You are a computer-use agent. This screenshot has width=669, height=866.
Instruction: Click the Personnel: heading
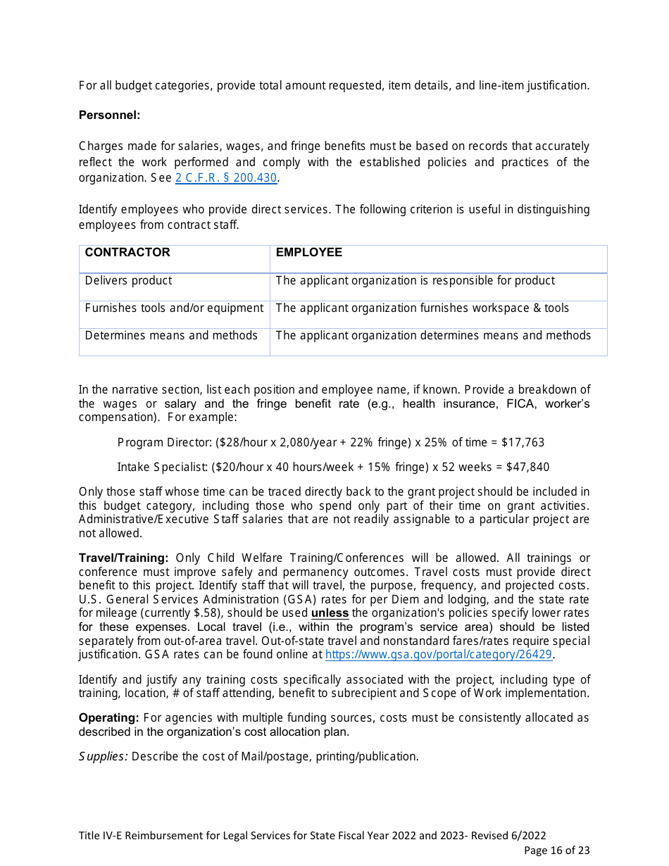point(109,115)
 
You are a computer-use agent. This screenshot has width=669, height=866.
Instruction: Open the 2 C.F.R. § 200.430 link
point(225,178)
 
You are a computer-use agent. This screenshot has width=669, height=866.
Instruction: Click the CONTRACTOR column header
point(127,253)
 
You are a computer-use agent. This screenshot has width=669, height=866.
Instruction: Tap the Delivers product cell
point(128,281)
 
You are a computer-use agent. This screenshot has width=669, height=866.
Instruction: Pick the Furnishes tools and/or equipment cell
point(174,308)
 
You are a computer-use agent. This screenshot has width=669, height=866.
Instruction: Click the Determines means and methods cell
point(171,336)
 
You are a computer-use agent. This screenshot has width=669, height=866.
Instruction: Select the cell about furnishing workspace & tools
point(422,308)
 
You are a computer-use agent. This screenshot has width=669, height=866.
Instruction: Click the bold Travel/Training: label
point(123,558)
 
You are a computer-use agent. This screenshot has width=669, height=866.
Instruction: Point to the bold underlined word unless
point(330,613)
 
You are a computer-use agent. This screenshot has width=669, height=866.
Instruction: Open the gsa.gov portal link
point(438,655)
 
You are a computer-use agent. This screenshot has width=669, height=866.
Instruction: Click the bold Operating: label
point(108,718)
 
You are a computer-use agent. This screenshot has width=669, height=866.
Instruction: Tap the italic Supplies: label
point(103,757)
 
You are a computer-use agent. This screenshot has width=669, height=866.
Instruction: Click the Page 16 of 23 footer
point(556,851)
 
